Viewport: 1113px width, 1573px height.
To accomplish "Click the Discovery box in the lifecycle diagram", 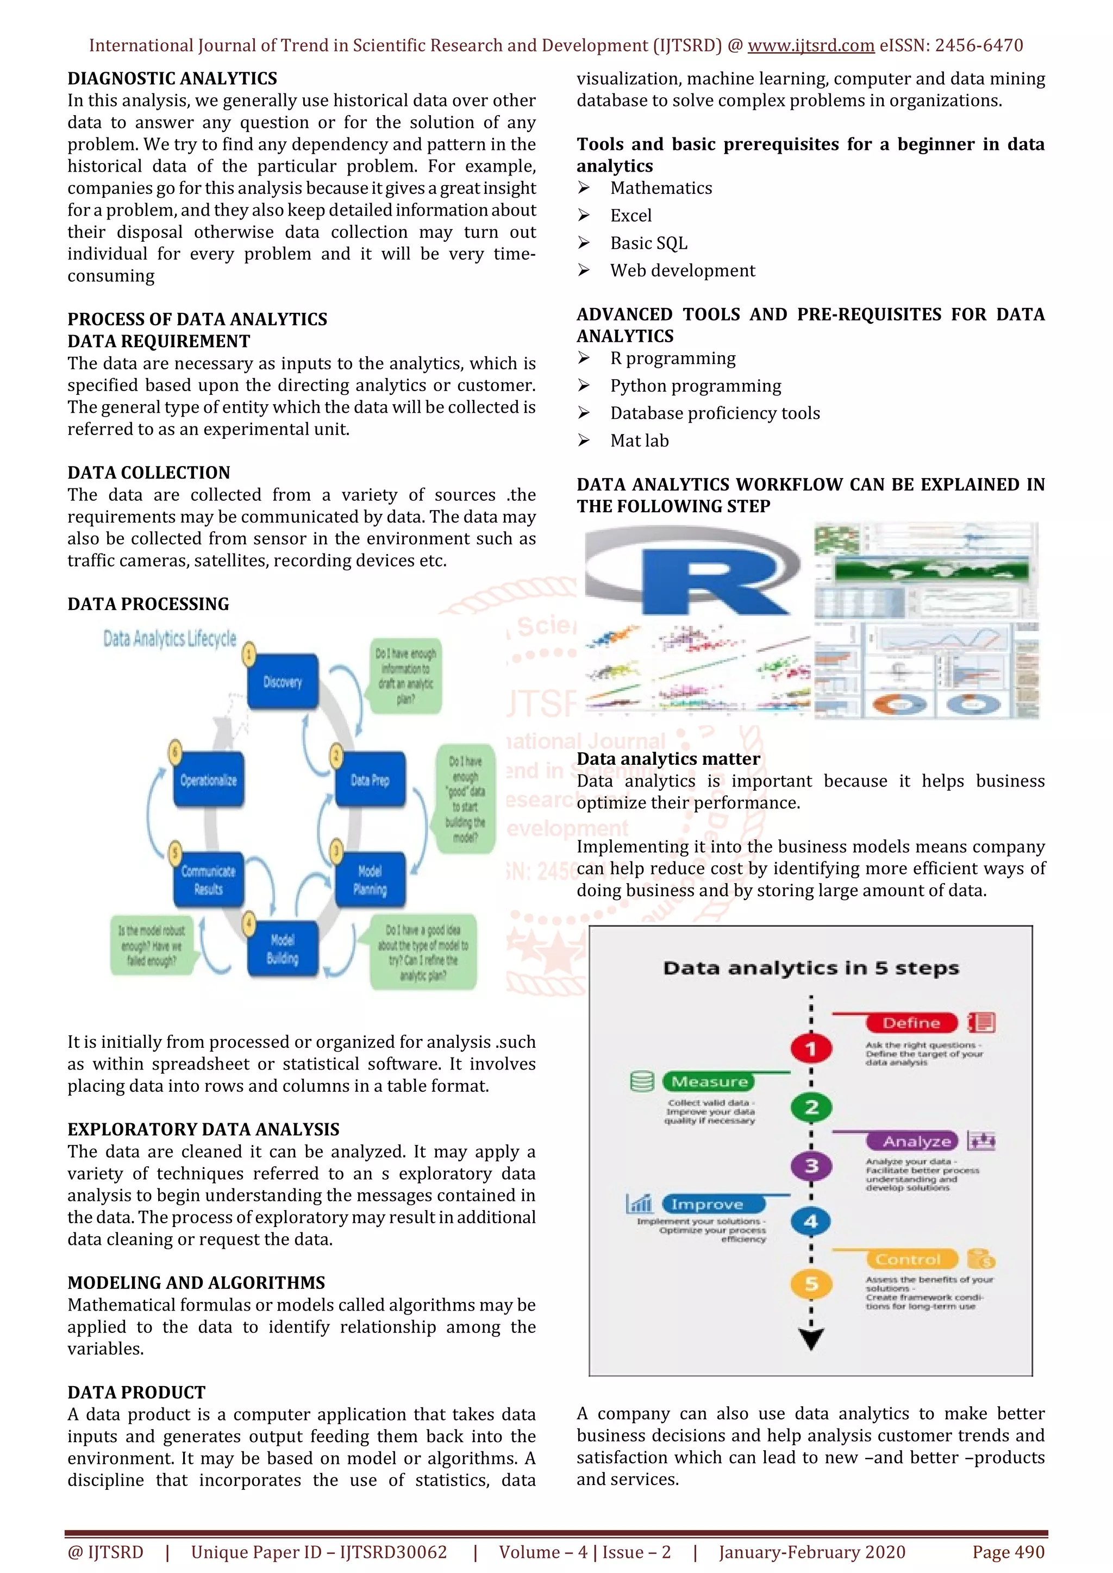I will [x=283, y=682].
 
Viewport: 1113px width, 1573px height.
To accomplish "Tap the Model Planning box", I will [x=370, y=880].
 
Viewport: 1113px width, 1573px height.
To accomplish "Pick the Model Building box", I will [x=283, y=949].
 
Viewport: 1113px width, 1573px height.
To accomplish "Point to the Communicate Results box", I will [x=208, y=880].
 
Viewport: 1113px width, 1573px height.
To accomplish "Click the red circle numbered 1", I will [x=811, y=1048].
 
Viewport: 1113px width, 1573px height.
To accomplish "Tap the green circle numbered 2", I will [x=811, y=1107].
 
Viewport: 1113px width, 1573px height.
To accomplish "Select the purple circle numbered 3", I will [x=811, y=1166].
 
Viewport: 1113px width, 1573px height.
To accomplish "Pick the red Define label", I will [x=911, y=1023].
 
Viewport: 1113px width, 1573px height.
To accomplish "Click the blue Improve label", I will [x=707, y=1204].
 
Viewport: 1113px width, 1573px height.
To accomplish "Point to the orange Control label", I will [x=908, y=1259].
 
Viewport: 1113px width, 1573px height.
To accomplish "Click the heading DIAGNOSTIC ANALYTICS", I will [x=172, y=78].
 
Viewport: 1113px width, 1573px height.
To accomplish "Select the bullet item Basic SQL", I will [x=648, y=243].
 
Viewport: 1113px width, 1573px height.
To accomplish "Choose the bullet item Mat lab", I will [x=640, y=441].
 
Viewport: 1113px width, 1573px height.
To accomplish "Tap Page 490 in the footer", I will [x=1008, y=1552].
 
